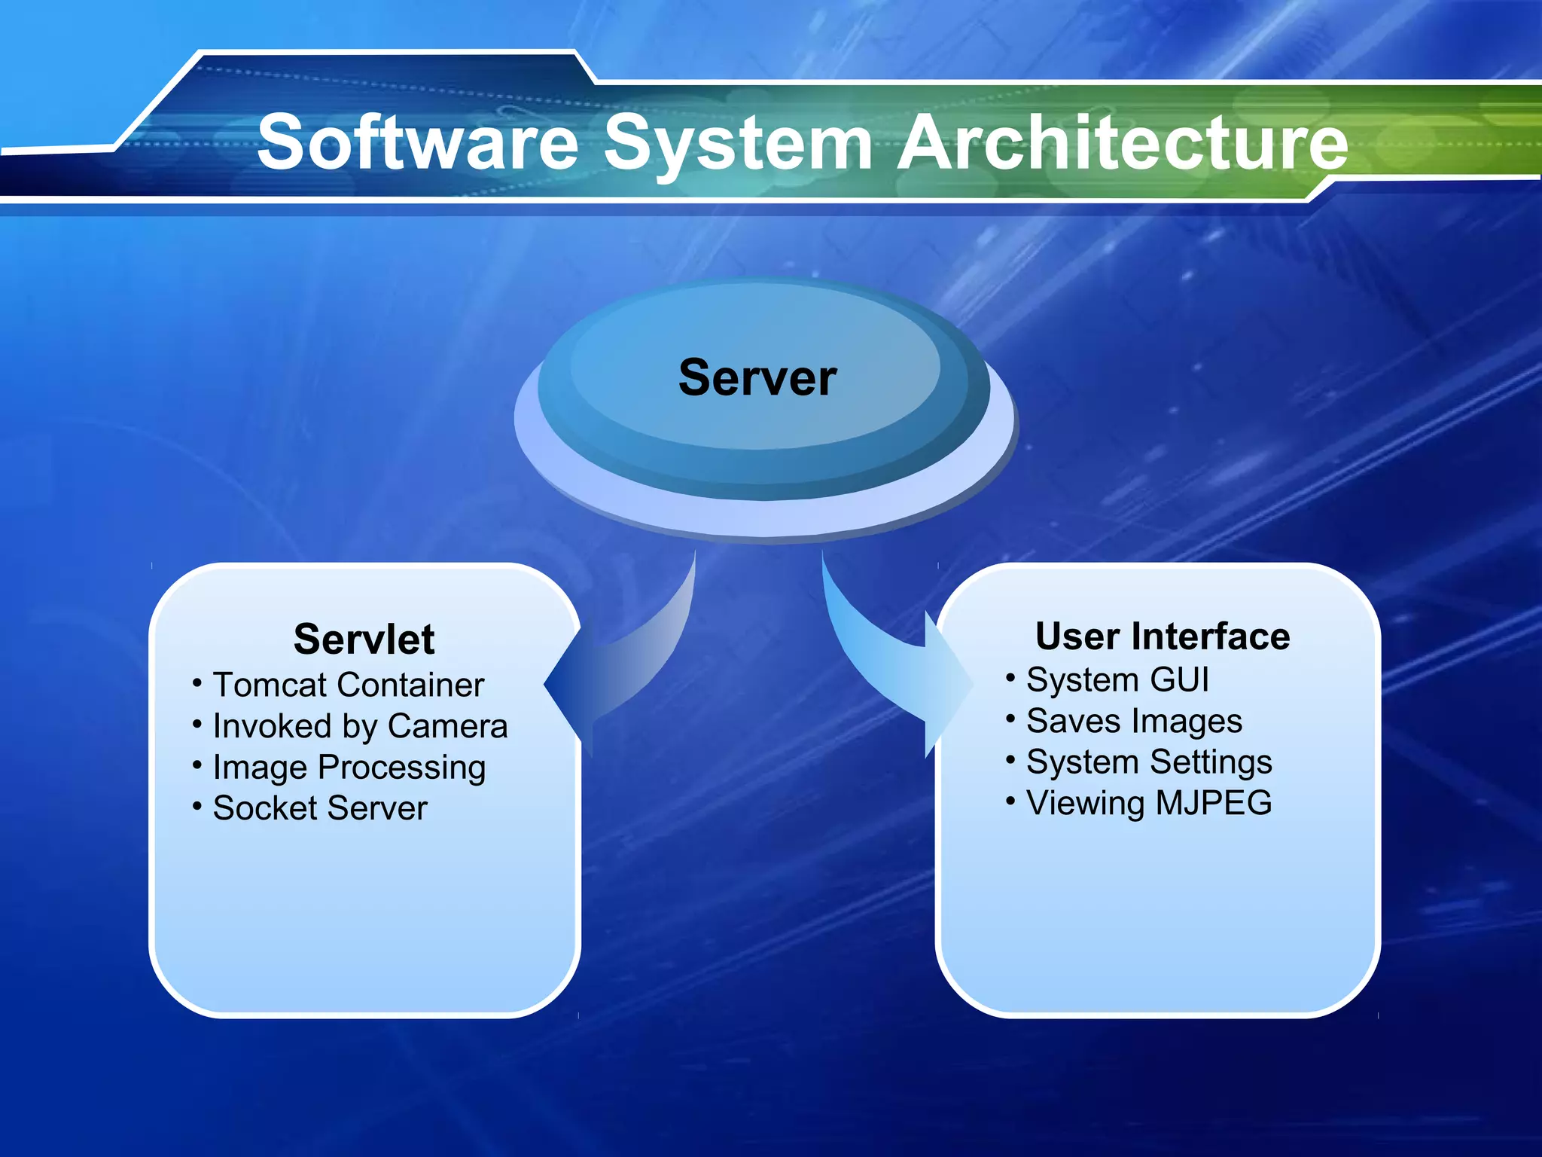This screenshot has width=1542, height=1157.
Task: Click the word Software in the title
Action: tap(418, 142)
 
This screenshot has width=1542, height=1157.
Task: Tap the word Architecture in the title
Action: tap(1123, 142)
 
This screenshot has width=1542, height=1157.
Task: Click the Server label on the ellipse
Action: tap(757, 377)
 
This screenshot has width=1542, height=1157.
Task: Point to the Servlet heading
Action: tap(364, 640)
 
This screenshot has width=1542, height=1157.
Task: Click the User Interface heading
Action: tap(1163, 637)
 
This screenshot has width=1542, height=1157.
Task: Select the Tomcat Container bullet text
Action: tap(349, 685)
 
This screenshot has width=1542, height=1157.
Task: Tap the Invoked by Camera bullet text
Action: tap(360, 726)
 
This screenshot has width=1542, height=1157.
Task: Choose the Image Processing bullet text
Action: tap(349, 768)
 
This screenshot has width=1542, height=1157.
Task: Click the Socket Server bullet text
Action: tap(320, 808)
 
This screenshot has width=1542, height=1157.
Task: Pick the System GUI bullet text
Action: tap(1117, 679)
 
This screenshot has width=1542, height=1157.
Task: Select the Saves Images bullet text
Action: tap(1134, 721)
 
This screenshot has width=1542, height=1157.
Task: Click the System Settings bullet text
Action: tap(1149, 762)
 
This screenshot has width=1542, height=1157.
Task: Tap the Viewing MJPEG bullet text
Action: tap(1149, 803)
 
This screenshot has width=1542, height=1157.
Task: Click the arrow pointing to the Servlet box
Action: tap(625, 670)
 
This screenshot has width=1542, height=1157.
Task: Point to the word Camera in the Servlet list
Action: tap(448, 726)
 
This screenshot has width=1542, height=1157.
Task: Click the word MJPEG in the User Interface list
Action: tap(1213, 803)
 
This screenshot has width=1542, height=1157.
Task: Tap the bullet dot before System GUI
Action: tap(1010, 678)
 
